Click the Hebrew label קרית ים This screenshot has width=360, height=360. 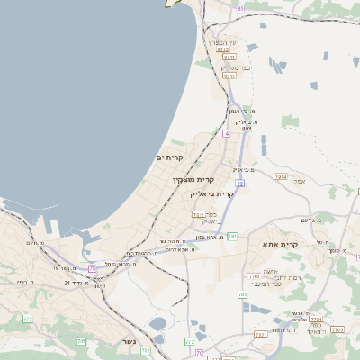(x=169, y=158)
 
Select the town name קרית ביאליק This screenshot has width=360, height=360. (x=211, y=193)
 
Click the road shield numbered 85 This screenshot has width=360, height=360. (x=240, y=8)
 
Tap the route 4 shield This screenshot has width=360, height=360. (x=227, y=133)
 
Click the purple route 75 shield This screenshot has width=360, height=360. (x=93, y=268)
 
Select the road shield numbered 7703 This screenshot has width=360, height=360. (x=255, y=276)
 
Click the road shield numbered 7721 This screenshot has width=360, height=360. (x=261, y=334)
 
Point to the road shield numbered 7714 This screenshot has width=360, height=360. (x=316, y=319)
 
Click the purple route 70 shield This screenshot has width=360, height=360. (x=199, y=352)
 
